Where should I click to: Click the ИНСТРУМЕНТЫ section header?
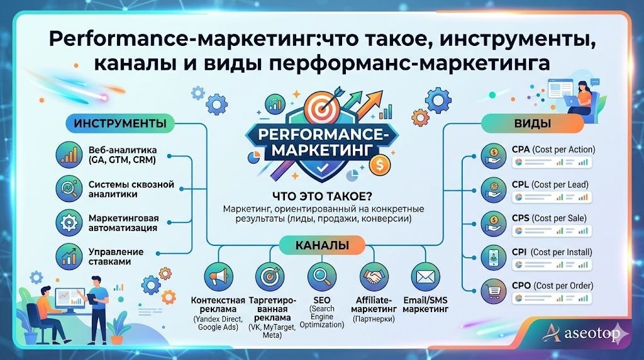(x=119, y=123)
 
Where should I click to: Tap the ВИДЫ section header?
(x=523, y=123)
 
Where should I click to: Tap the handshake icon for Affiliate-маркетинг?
(x=373, y=277)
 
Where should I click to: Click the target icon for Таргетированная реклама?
(x=270, y=277)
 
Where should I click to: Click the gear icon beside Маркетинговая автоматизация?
(x=69, y=222)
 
